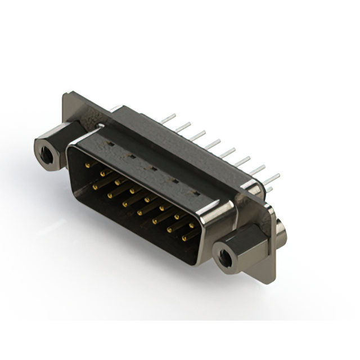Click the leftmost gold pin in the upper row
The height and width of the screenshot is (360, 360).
click(87, 165)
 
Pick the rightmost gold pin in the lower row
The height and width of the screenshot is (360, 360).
click(184, 238)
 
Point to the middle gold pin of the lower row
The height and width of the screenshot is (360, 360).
click(139, 212)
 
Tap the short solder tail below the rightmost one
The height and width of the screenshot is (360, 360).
click(271, 190)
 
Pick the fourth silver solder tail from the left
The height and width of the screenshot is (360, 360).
click(213, 145)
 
